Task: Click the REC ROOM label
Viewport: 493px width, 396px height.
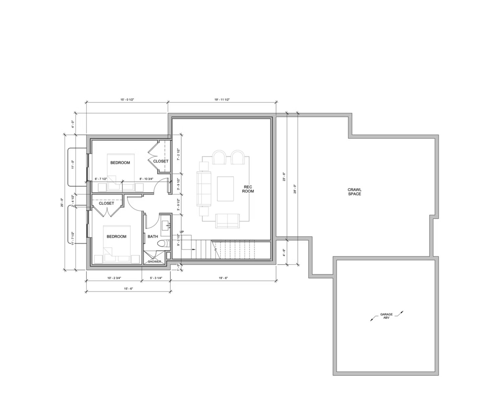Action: (248, 189)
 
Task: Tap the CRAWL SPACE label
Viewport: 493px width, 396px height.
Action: (354, 192)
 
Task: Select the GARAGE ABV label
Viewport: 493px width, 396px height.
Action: (386, 316)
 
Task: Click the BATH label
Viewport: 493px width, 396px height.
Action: (153, 236)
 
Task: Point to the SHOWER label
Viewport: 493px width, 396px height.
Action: (154, 262)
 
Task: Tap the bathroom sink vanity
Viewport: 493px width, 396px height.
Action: (166, 225)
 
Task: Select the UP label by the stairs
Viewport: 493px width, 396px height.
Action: (182, 232)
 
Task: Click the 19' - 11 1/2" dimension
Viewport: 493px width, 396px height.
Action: (222, 99)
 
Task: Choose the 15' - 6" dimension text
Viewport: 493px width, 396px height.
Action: (128, 288)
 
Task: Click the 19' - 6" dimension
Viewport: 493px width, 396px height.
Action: (223, 278)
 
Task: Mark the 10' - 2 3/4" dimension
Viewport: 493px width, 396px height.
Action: (114, 278)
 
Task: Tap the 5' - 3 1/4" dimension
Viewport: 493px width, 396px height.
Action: (156, 278)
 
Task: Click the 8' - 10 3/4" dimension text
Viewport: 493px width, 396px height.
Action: (146, 179)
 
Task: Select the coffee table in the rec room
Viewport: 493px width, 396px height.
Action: (225, 189)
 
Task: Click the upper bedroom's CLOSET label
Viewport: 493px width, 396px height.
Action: (161, 161)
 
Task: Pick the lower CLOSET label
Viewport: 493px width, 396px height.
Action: (106, 203)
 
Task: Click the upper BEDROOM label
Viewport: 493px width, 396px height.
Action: (120, 163)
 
